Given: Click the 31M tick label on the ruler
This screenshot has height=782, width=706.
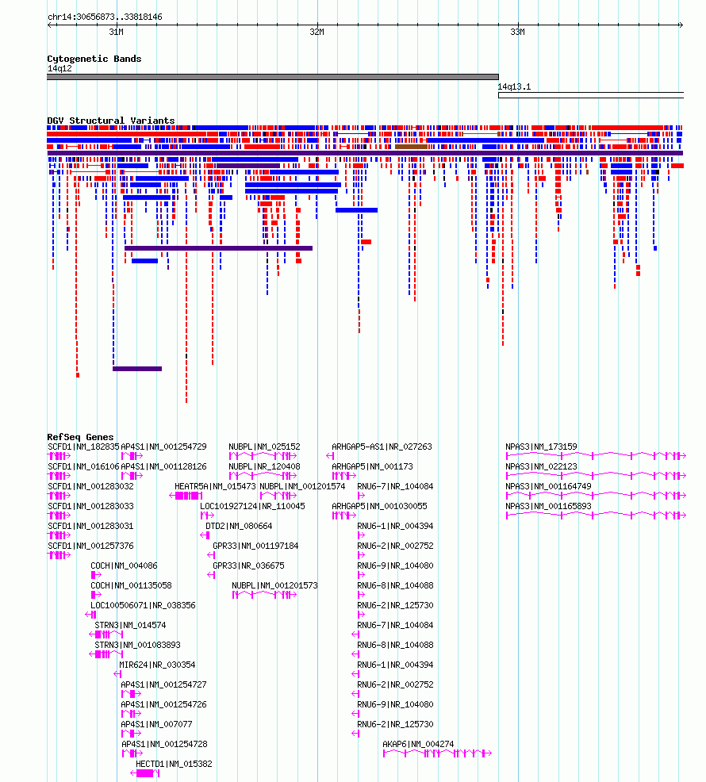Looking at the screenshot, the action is pyautogui.click(x=117, y=32).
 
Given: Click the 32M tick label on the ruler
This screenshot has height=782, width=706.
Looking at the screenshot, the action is pyautogui.click(x=317, y=32).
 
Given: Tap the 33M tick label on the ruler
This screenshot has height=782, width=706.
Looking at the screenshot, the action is pyautogui.click(x=517, y=32).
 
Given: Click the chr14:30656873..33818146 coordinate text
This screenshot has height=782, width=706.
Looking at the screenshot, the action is pyautogui.click(x=105, y=17).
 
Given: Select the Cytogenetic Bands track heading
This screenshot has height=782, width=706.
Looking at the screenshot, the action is pyautogui.click(x=94, y=59).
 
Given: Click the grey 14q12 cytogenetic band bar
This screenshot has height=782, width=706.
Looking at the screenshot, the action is pyautogui.click(x=273, y=77).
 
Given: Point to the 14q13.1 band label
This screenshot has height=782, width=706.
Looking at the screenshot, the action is pyautogui.click(x=514, y=86).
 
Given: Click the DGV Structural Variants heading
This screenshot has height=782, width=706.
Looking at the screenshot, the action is pyautogui.click(x=111, y=121).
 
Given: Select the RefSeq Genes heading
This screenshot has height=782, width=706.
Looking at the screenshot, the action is pyautogui.click(x=80, y=437).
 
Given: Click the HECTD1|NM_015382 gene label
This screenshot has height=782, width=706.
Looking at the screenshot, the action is pyautogui.click(x=174, y=764).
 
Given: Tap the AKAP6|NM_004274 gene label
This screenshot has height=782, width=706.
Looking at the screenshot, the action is pyautogui.click(x=418, y=744).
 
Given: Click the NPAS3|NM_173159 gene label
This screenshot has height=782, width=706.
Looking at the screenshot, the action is pyautogui.click(x=541, y=447).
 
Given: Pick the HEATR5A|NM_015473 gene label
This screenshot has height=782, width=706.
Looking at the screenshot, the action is pyautogui.click(x=215, y=486).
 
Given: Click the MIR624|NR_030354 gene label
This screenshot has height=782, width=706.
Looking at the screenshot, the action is pyautogui.click(x=157, y=665).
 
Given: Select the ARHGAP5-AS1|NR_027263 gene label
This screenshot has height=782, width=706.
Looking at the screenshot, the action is pyautogui.click(x=382, y=447).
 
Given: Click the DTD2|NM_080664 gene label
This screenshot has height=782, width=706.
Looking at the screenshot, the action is pyautogui.click(x=239, y=526).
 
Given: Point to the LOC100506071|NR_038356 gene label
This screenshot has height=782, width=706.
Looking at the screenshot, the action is pyautogui.click(x=144, y=605).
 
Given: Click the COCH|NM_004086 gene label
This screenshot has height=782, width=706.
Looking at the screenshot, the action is pyautogui.click(x=124, y=565).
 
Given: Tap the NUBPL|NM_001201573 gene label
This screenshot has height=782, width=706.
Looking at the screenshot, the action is pyautogui.click(x=274, y=585).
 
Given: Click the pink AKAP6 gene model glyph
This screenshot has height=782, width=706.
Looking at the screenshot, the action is pyautogui.click(x=437, y=753).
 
